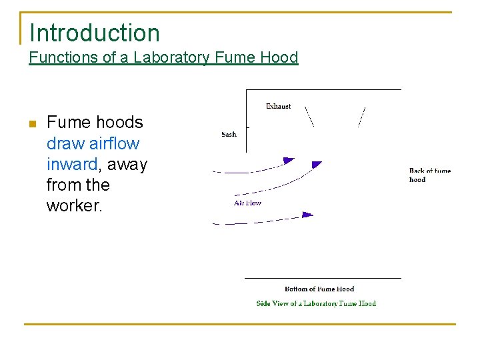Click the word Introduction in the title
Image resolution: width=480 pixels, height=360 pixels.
coord(95,33)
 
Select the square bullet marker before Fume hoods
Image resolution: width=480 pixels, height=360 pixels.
coord(31,123)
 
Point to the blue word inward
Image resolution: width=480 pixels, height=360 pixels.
coord(71,164)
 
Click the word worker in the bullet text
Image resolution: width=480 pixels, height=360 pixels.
coord(73,205)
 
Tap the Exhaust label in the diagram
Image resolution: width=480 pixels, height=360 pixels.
coord(278,107)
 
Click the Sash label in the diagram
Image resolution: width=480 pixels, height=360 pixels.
coord(229,135)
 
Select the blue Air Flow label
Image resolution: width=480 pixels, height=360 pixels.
coord(247,203)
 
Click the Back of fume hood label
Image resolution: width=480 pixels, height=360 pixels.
coord(429,175)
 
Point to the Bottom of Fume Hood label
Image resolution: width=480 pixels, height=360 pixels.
coord(319,289)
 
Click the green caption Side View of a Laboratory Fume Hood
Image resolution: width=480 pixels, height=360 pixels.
coord(316,304)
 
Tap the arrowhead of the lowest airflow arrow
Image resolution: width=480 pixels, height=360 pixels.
coord(307,215)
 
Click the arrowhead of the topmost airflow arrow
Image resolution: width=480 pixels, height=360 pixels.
coord(289,161)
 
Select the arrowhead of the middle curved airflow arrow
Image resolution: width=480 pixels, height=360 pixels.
coord(317,164)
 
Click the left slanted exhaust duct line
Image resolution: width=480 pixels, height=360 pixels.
coord(309,116)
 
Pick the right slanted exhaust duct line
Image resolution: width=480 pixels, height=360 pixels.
coord(361,116)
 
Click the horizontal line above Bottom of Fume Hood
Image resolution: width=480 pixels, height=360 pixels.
coord(323,278)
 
